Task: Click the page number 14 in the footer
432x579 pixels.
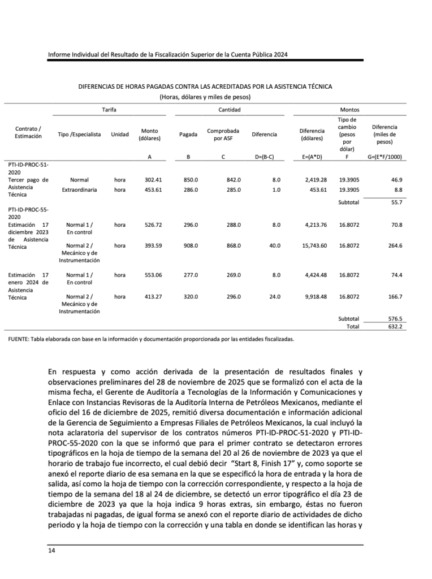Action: [x=51, y=550]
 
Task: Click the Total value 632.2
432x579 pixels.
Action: [x=393, y=326]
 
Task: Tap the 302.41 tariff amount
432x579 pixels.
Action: [x=149, y=180]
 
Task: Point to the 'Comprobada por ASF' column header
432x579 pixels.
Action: [x=223, y=135]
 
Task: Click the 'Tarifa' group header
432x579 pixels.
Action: [x=109, y=109]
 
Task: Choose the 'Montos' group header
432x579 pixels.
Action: [x=349, y=109]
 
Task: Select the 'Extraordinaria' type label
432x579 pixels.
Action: [x=81, y=189]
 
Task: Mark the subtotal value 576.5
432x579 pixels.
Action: [x=393, y=318]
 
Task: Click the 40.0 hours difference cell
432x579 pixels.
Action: [x=275, y=245]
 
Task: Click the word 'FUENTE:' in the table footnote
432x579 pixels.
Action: [x=20, y=340]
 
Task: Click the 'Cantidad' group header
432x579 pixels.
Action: [x=230, y=109]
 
